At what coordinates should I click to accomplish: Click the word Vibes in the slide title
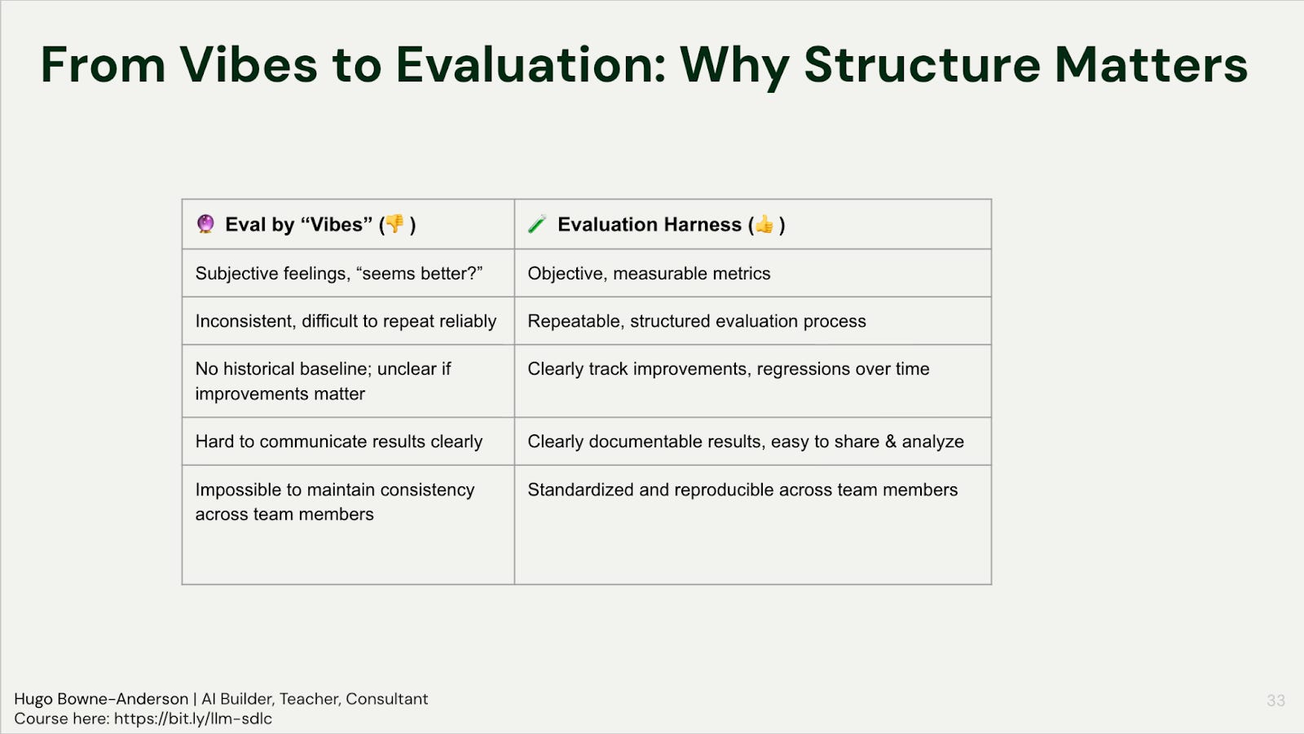249,65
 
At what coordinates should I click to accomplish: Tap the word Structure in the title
922,65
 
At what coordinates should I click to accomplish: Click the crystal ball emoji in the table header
205,223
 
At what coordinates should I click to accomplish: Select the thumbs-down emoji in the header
394,223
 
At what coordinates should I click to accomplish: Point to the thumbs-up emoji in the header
764,224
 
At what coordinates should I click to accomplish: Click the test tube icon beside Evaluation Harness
537,224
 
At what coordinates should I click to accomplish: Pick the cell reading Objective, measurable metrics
649,274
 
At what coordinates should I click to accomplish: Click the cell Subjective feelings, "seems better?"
339,274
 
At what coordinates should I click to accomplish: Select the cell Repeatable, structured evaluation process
697,321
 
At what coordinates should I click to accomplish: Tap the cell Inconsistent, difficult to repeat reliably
346,321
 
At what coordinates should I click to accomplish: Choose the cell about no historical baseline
323,381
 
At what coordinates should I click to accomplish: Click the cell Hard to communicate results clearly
339,442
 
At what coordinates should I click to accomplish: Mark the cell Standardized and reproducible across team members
742,490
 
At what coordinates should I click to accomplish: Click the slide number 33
1275,701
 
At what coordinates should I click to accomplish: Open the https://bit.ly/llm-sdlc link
193,719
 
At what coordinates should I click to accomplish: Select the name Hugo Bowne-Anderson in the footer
101,699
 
